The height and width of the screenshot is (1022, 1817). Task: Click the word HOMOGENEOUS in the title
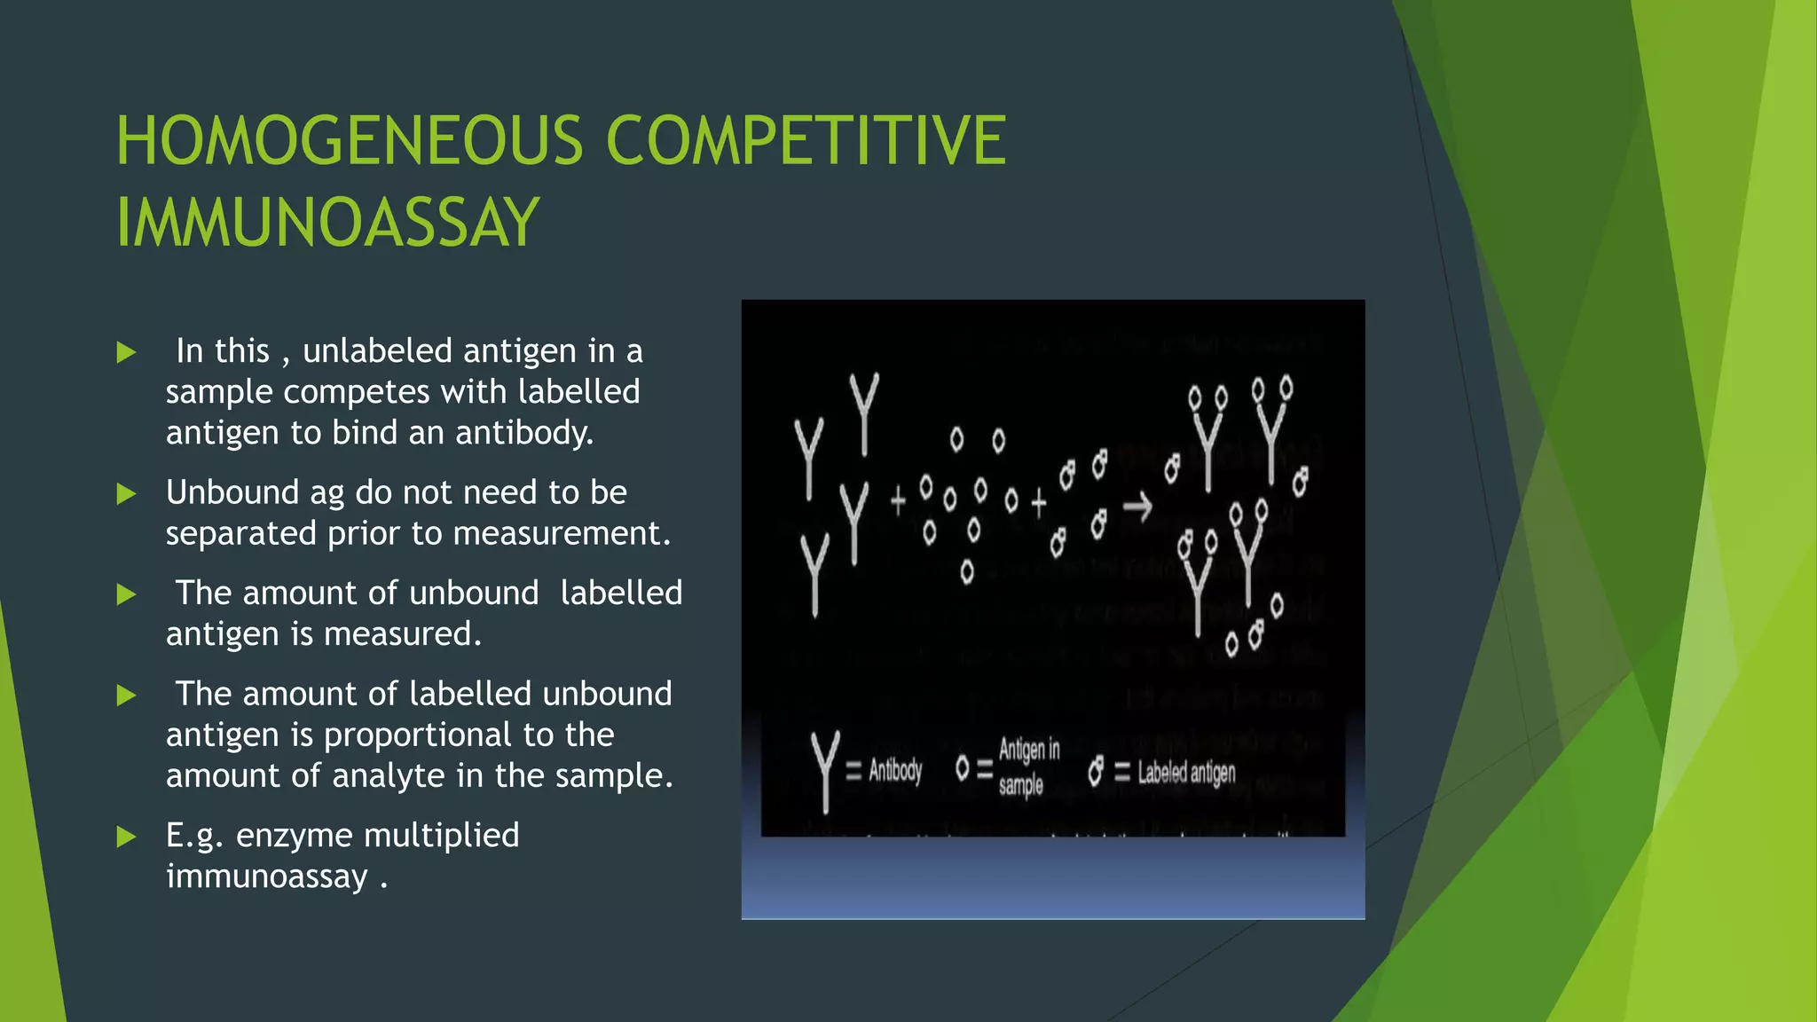(350, 141)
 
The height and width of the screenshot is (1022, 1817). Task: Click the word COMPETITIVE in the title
(806, 141)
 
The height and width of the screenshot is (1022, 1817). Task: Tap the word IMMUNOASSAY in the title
(327, 223)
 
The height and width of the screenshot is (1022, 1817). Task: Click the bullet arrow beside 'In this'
(127, 353)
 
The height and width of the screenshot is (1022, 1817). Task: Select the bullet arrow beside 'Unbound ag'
(127, 494)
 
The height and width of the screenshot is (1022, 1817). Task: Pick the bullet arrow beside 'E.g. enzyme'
(127, 837)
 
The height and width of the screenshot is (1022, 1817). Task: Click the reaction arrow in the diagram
(1137, 507)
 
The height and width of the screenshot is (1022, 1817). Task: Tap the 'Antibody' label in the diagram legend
(895, 770)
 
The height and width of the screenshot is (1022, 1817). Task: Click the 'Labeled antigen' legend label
(1186, 773)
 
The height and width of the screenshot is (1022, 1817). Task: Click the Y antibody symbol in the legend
(825, 770)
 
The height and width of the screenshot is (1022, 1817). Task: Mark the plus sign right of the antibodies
(898, 500)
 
